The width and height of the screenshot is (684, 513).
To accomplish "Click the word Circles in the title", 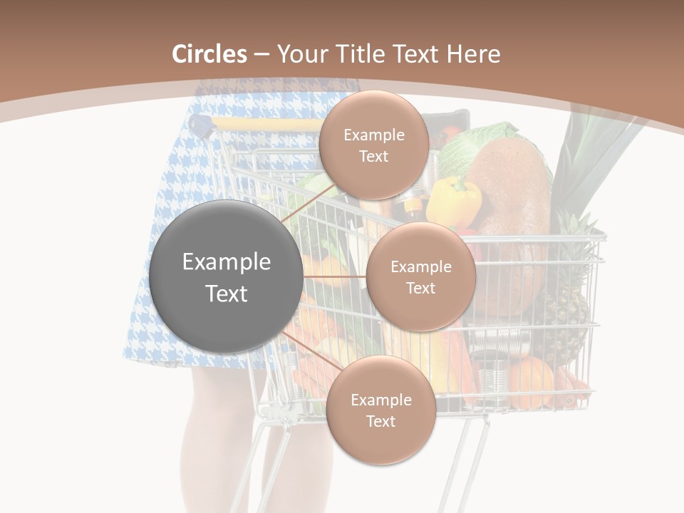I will (x=209, y=54).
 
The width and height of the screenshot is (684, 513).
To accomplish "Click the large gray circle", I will (x=226, y=276).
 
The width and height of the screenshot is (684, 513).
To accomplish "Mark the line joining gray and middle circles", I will (x=335, y=276).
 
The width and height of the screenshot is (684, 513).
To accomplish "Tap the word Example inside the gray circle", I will (x=226, y=262).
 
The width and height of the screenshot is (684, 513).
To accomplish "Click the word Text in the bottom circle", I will (x=380, y=421).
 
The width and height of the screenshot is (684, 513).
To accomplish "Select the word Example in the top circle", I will (x=373, y=135).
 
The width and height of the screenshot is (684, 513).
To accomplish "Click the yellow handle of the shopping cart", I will (x=267, y=125).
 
